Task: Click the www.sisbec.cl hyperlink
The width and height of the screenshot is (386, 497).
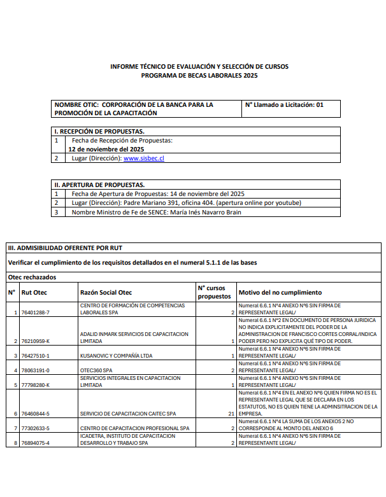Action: tap(143, 158)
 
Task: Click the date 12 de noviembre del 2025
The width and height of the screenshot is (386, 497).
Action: tap(106, 149)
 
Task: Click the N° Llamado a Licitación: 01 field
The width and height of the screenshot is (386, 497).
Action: tap(284, 105)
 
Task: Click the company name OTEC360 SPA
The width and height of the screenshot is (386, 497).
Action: tap(96, 370)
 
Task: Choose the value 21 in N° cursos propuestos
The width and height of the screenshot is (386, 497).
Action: tap(231, 414)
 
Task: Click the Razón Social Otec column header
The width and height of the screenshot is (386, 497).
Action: tap(106, 293)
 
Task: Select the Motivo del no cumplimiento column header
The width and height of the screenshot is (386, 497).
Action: tap(280, 293)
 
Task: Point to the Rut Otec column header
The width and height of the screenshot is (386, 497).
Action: tap(34, 293)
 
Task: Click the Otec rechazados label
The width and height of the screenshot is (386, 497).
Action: tap(32, 277)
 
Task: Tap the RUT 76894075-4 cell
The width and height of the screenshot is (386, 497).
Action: tap(35, 443)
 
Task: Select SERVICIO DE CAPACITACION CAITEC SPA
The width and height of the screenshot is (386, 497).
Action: tap(127, 414)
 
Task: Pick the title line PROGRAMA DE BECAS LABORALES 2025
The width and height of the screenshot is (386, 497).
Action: tap(199, 75)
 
